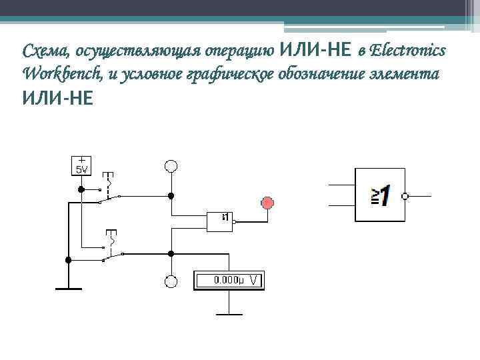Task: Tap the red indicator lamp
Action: pos(268,203)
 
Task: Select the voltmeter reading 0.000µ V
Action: pos(229,281)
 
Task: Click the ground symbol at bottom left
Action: pos(68,288)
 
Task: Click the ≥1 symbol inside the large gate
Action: pos(381,195)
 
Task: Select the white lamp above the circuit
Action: pos(171,165)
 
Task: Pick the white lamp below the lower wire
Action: pos(171,281)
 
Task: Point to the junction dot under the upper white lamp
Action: pos(171,195)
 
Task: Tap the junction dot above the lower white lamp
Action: pos(171,253)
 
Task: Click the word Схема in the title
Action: pos(46,51)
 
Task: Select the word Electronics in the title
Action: pos(409,51)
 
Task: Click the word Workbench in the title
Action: pos(61,73)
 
